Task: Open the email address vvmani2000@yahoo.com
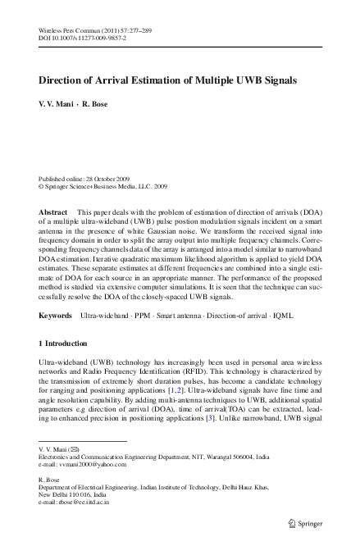pos(86,464)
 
